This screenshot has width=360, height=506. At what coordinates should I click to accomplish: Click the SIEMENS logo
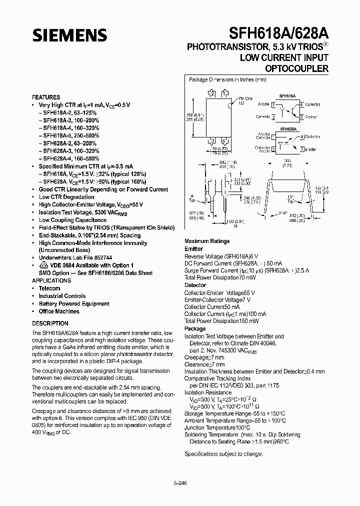(70, 34)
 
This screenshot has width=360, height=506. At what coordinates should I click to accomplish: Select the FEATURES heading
(46, 97)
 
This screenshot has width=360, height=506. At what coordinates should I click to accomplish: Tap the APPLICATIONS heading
(52, 281)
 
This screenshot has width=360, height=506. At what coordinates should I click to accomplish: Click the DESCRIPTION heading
(50, 323)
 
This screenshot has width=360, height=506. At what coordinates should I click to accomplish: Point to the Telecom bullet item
(49, 288)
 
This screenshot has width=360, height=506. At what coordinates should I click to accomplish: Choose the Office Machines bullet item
(59, 311)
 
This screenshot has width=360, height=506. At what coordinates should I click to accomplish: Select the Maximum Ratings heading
(207, 241)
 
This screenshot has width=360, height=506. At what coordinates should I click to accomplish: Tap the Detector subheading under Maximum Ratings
(195, 285)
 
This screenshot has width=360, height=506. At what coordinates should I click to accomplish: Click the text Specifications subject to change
(223, 454)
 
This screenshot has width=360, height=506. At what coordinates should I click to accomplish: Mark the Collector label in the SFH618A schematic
(313, 105)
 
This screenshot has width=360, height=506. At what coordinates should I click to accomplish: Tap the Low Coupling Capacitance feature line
(72, 220)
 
